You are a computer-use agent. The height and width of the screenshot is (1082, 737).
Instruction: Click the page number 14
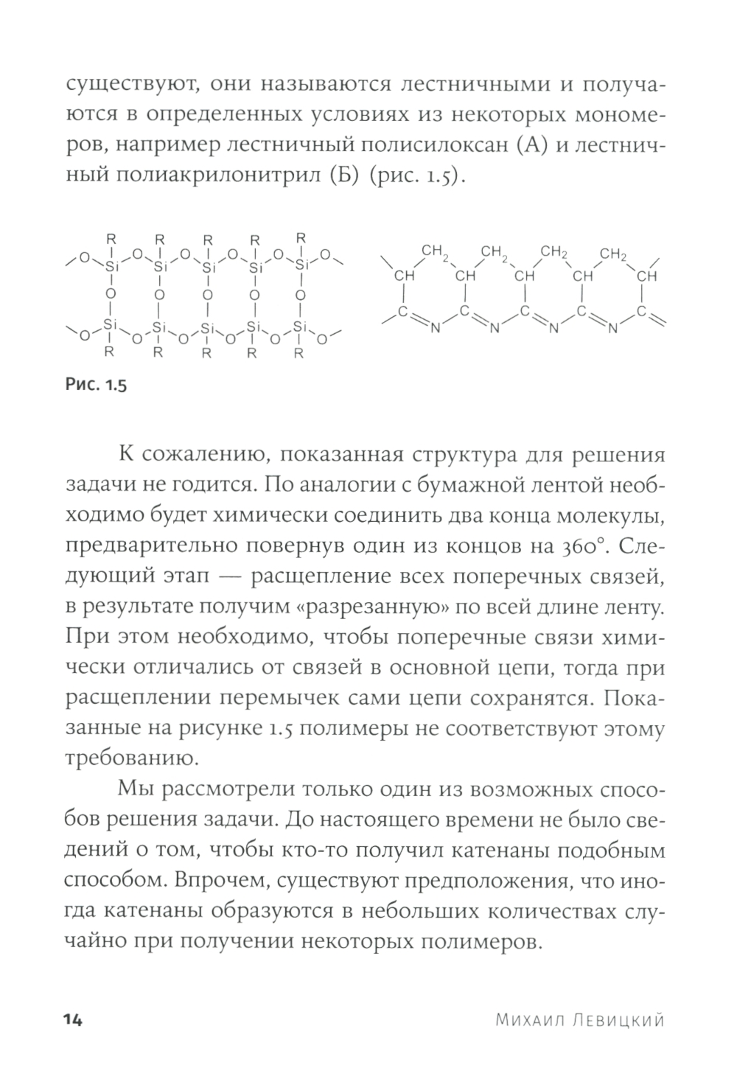74,1019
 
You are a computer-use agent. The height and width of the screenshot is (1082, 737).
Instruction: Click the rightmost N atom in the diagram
612,328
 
